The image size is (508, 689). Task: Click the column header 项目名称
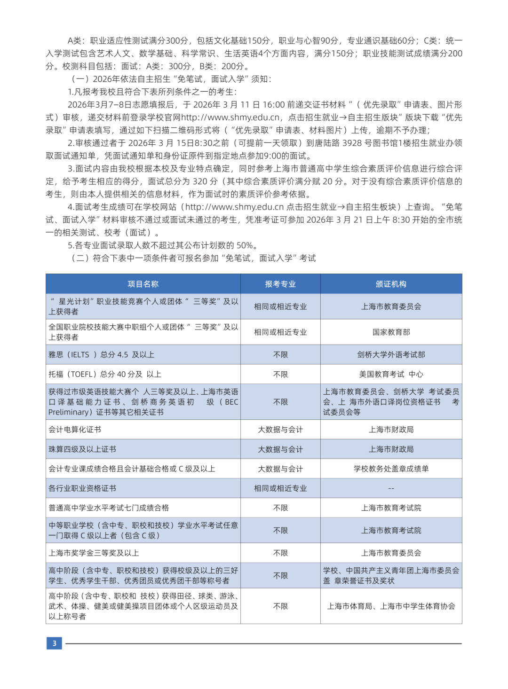[x=143, y=284]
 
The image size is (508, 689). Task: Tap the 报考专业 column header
[x=280, y=284]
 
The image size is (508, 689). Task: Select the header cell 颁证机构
[x=391, y=284]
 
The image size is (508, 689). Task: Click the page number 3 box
[x=54, y=643]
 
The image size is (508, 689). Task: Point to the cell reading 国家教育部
[x=391, y=332]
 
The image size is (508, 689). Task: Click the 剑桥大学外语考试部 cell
[x=391, y=355]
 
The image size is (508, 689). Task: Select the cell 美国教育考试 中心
[x=391, y=375]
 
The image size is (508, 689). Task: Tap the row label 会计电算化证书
[x=75, y=430]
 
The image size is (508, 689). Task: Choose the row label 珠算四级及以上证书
[x=82, y=449]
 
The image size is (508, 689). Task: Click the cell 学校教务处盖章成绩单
[x=391, y=469]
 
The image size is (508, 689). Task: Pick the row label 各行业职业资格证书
[x=82, y=488]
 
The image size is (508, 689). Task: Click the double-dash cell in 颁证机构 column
[x=391, y=488]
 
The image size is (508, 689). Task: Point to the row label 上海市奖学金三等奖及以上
[x=94, y=553]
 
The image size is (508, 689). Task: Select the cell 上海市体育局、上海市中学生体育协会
[x=391, y=606]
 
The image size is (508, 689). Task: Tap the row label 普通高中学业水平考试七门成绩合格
[x=109, y=508]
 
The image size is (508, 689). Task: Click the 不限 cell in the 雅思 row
[x=280, y=355]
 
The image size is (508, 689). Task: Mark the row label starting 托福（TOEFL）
[x=105, y=375]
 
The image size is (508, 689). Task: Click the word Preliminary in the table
[x=70, y=412]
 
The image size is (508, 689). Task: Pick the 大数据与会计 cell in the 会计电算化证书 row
[x=280, y=430]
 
